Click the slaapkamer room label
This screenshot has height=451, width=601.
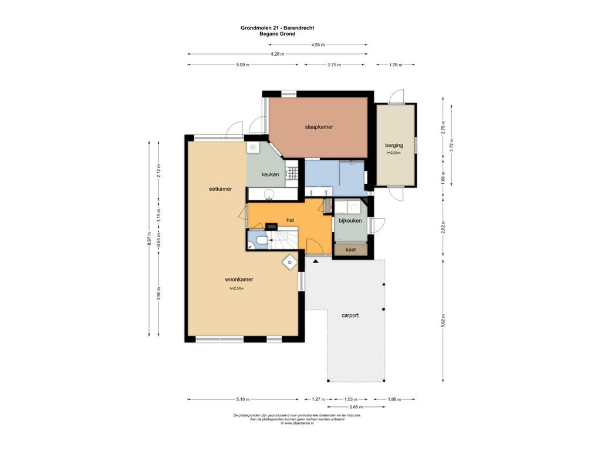[x=319, y=127]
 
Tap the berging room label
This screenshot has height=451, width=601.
[x=394, y=146]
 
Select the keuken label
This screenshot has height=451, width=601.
[x=270, y=174]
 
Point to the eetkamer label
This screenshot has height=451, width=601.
[x=221, y=189]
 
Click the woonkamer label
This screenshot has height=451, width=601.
[x=239, y=280]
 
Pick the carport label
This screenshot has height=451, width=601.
[x=350, y=315]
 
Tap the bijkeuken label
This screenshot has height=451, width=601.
[x=350, y=221]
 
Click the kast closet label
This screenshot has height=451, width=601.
[x=350, y=250]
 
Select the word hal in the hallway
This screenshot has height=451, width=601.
[x=290, y=220]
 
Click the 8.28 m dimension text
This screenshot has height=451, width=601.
[x=278, y=54]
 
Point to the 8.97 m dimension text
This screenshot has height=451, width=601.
[x=150, y=239]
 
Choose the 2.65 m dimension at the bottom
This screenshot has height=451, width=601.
[x=356, y=407]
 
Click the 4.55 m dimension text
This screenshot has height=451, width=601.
[x=318, y=45]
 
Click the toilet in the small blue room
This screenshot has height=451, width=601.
[x=262, y=240]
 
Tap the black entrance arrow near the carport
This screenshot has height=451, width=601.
[x=315, y=261]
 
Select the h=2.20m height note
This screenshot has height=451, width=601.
[x=394, y=153]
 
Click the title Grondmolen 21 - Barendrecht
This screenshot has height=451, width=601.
[x=278, y=28]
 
